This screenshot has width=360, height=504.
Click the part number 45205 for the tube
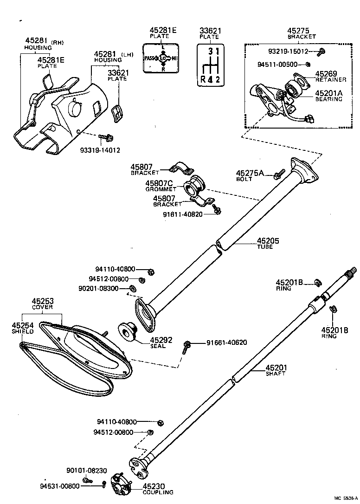pos(265,240)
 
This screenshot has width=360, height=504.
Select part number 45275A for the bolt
pos(250,173)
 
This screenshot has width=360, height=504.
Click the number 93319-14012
pos(100,150)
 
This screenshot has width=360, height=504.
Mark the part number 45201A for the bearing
pos(329,93)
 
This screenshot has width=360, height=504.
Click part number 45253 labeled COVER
pos(42,301)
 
